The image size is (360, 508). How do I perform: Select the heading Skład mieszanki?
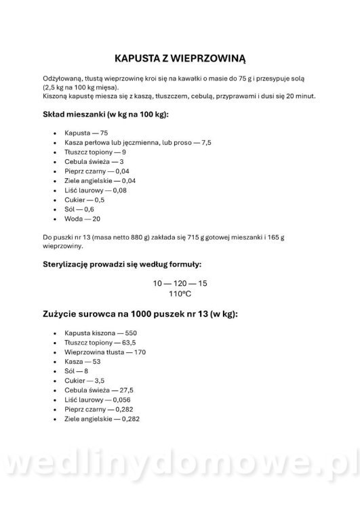(105, 114)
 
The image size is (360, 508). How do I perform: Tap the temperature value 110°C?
(180, 295)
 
